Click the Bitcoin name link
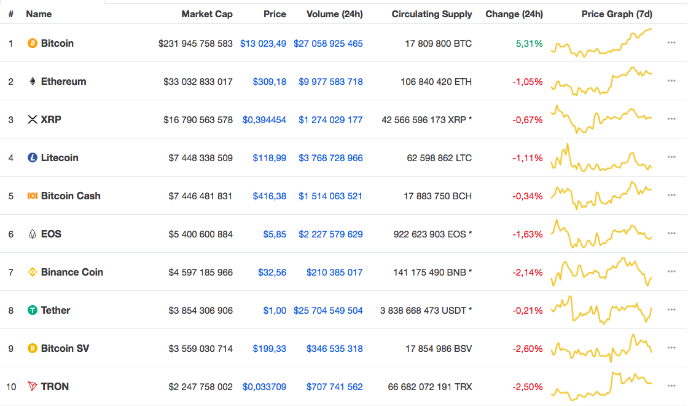click(57, 44)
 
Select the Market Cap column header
click(207, 14)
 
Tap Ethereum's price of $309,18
click(269, 82)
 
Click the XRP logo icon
click(33, 120)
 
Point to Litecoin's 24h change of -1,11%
click(528, 158)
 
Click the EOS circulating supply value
click(432, 234)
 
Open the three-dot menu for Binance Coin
click(671, 273)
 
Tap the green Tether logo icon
click(33, 311)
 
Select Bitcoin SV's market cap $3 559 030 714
click(201, 349)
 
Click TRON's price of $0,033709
click(264, 387)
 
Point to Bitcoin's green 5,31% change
click(530, 44)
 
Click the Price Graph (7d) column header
click(617, 14)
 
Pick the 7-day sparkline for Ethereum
click(602, 82)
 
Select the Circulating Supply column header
click(432, 14)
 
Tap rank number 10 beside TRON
click(11, 387)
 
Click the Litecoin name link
click(60, 158)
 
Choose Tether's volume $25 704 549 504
click(328, 311)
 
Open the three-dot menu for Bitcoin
click(671, 44)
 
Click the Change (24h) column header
click(514, 14)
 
